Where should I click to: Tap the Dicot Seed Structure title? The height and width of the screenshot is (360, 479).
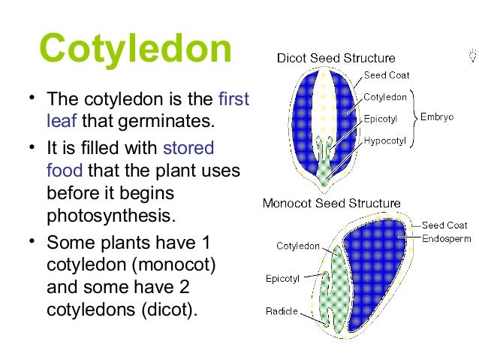coord(336,58)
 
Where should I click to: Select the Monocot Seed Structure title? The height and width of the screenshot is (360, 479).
coord(331,203)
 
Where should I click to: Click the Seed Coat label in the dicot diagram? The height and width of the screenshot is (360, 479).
coord(387,75)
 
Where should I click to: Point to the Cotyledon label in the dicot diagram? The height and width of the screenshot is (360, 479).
coord(386,97)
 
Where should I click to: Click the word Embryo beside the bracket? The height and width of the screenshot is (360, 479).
coord(437,118)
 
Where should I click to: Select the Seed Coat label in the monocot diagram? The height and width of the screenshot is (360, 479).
coord(444,225)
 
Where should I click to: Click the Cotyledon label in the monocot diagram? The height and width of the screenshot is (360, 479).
coord(298,246)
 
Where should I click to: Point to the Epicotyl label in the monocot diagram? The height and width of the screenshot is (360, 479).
coord(283,278)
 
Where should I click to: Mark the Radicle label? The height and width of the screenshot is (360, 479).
coord(282,311)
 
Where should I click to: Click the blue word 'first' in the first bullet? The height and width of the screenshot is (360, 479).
coord(233,99)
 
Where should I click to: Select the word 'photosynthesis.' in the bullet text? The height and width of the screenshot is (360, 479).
coord(110,217)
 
